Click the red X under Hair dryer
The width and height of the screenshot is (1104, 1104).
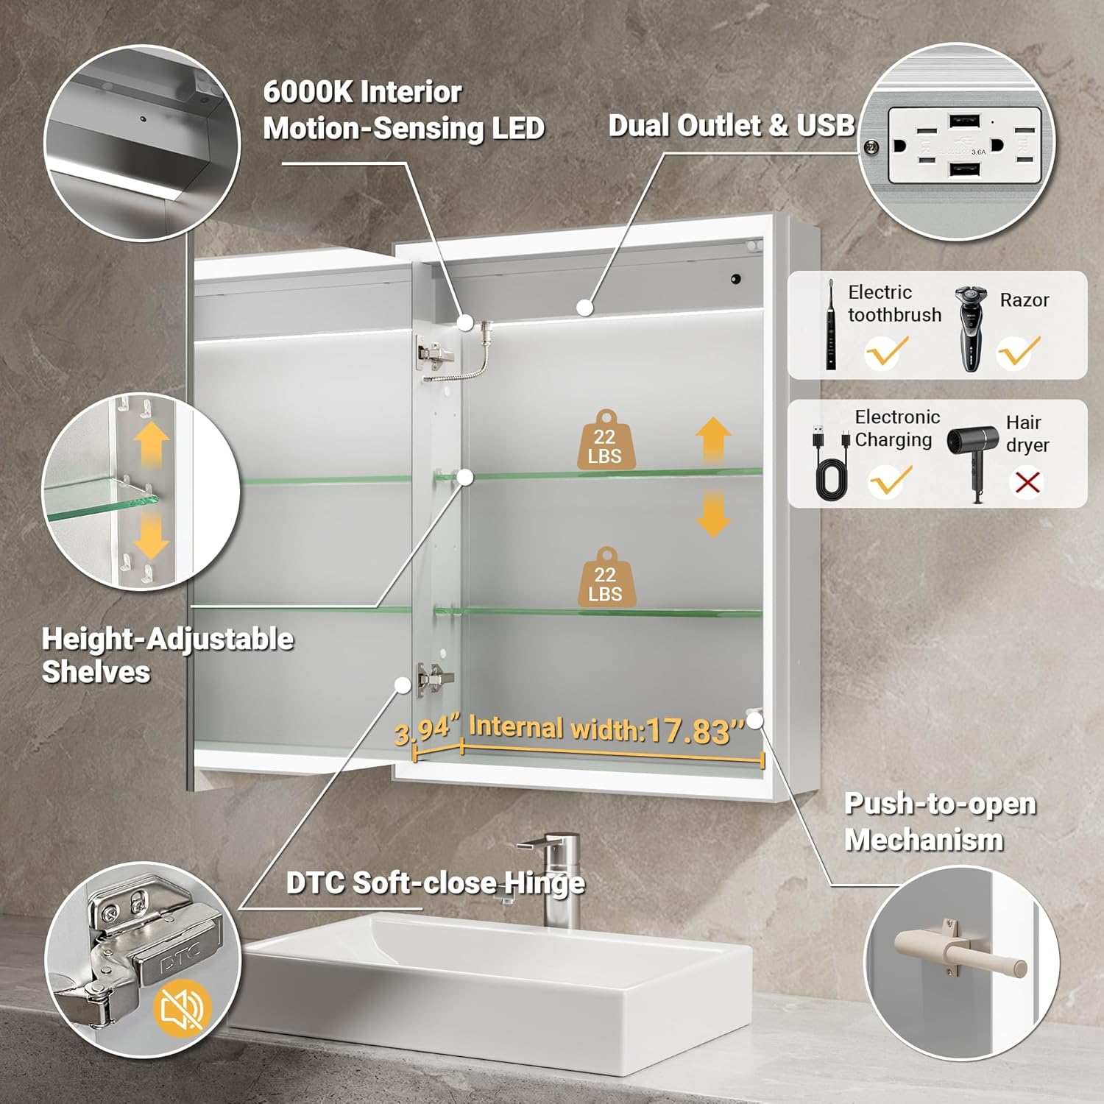point(1027,483)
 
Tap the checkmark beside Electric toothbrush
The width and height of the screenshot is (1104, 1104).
point(886,352)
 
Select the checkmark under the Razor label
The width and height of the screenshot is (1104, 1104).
point(1019,352)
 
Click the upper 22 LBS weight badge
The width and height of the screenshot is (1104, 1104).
point(605,440)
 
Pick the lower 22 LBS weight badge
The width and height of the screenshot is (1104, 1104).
point(605,578)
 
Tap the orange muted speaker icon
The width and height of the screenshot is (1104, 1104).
point(183,1008)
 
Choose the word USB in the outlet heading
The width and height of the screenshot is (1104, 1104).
point(825,125)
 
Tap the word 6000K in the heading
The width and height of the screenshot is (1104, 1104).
point(308,92)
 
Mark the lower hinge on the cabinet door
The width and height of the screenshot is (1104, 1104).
point(435,678)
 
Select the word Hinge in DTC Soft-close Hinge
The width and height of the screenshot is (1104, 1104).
point(544,883)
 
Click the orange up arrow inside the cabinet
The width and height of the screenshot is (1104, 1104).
point(713,439)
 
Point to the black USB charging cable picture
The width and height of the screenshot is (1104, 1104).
point(829,463)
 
